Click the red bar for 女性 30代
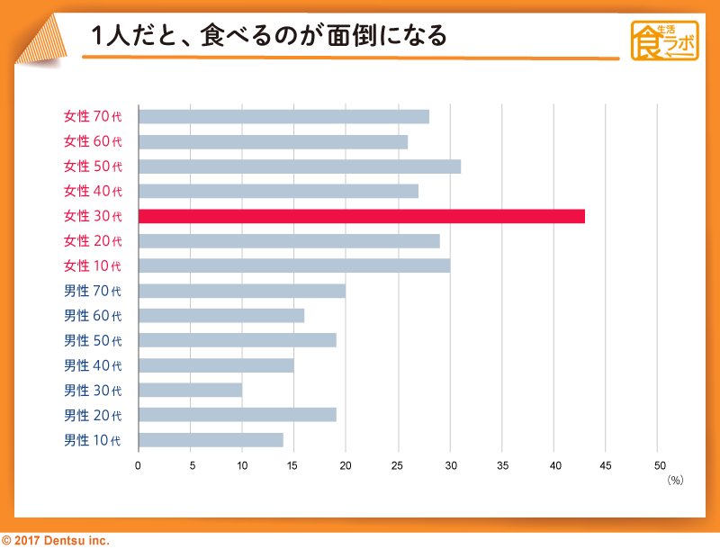point(361,216)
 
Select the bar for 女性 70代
point(283,116)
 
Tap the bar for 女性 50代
point(299,166)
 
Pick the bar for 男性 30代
point(190,390)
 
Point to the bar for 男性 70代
point(241,291)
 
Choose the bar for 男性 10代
point(211,440)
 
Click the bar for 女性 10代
point(293,265)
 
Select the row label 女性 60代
point(92,141)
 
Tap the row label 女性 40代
point(92,191)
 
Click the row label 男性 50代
point(92,340)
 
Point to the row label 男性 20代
point(92,415)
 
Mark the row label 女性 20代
point(92,241)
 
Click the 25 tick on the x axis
point(398,465)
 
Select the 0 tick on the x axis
point(138,465)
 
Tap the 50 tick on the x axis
point(659,465)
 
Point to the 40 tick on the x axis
point(554,465)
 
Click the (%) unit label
point(675,481)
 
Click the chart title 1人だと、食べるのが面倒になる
point(269,37)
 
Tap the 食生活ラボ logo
point(665,40)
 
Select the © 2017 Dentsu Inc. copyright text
point(55,540)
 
